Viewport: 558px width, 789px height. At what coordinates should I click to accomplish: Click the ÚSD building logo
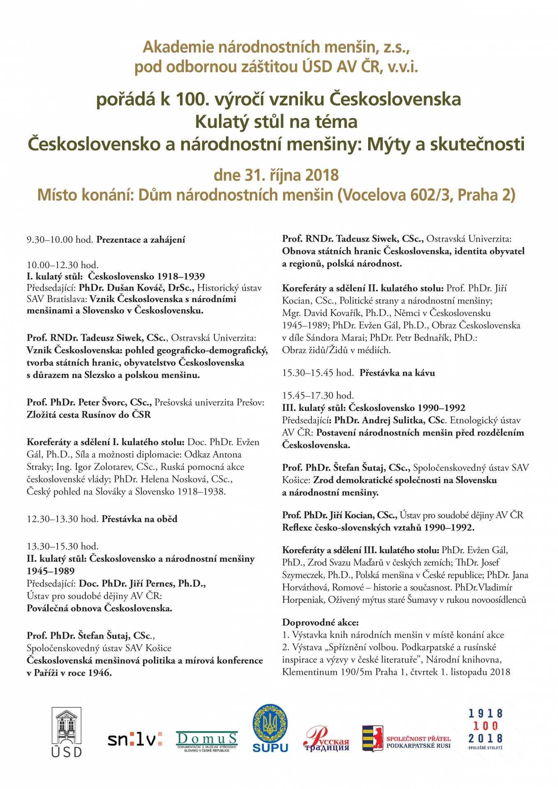coord(67,731)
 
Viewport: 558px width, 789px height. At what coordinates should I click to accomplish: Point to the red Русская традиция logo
coord(326,739)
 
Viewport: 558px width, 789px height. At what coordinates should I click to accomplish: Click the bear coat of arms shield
coord(372,738)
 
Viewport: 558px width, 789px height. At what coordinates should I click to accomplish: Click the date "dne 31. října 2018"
coord(276,175)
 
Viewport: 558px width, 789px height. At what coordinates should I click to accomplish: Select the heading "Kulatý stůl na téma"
coord(276,122)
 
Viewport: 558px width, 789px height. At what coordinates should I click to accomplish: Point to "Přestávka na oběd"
coord(140,519)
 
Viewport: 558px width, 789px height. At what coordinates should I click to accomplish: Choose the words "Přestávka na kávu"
coord(397,373)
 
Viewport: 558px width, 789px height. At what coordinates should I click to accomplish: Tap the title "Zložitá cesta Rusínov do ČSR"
coord(89,415)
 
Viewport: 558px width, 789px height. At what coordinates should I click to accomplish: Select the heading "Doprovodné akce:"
coord(321,622)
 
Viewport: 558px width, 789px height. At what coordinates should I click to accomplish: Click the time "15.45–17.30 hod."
coord(318,395)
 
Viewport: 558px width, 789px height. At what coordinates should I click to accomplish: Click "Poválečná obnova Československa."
coord(99,608)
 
